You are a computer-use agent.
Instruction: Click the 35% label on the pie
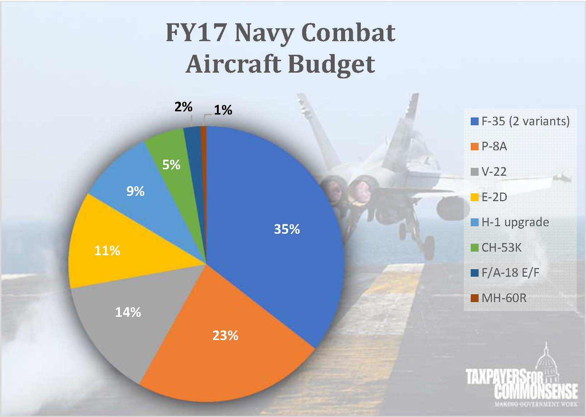coord(287,229)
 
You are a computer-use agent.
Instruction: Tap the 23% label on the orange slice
coord(225,335)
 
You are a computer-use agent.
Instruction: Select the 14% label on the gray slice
coord(128,312)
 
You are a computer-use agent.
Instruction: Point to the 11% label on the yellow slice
coord(107,251)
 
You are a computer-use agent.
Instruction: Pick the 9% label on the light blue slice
coord(135,191)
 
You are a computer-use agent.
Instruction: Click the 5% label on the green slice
coord(171,165)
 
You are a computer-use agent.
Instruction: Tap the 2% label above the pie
coord(183,107)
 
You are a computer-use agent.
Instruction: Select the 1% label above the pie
coord(223,110)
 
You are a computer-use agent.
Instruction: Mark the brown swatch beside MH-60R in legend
coord(474,298)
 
